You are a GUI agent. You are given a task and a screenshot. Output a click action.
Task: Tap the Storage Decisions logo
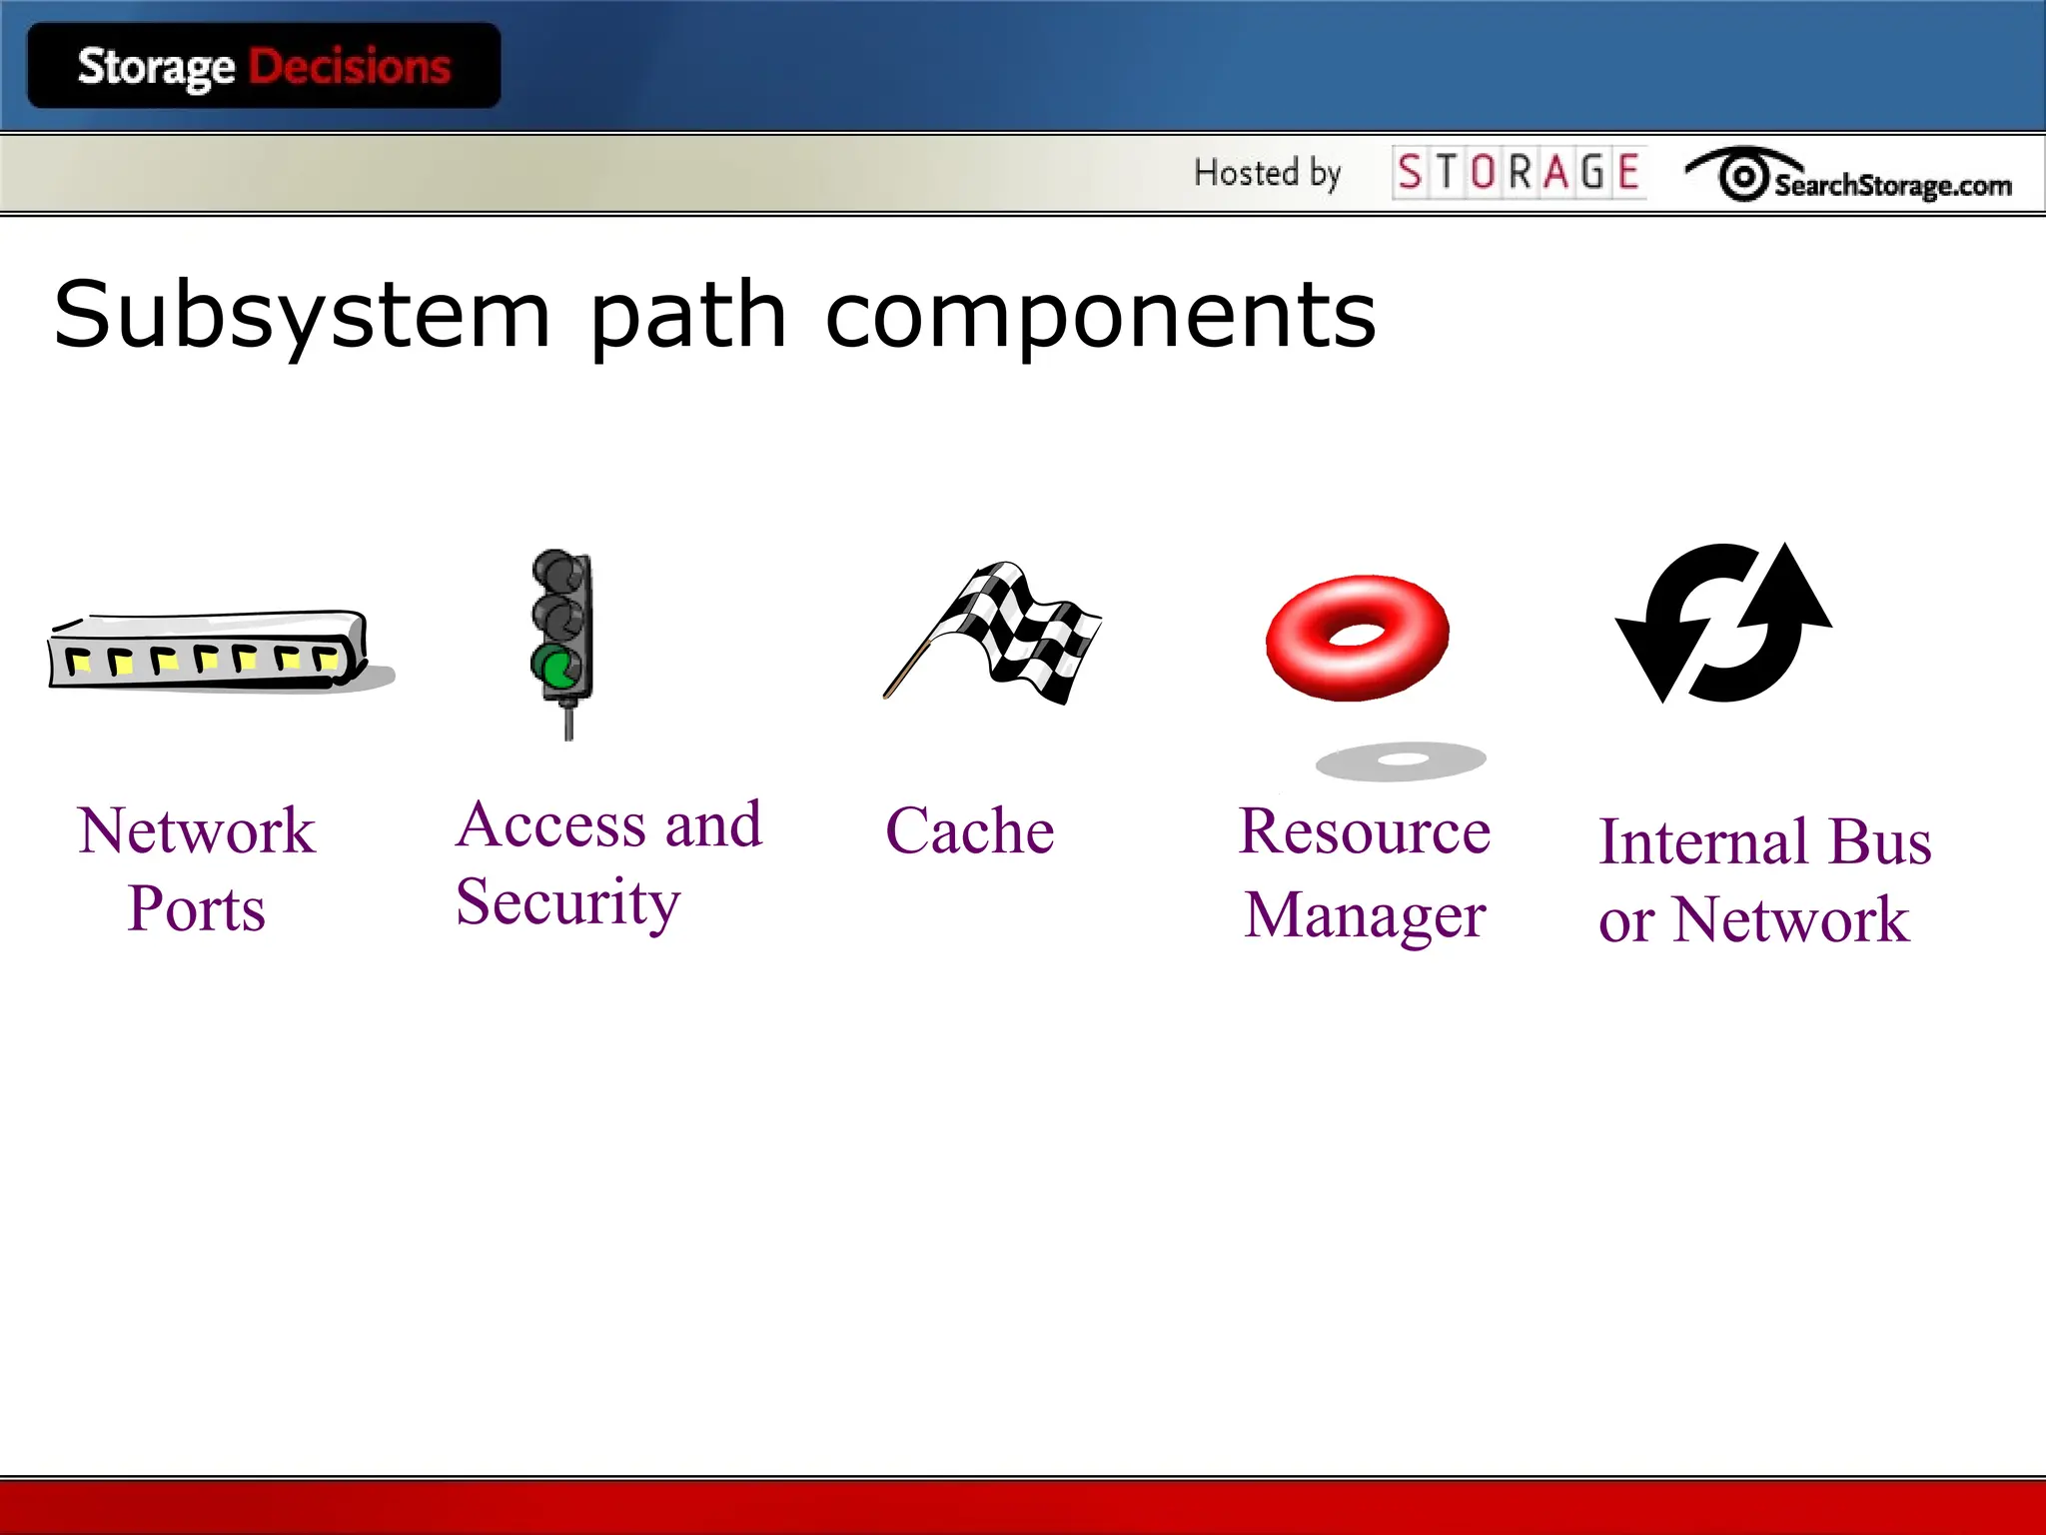(x=264, y=67)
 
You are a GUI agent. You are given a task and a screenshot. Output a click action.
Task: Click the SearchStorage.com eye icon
(x=1744, y=177)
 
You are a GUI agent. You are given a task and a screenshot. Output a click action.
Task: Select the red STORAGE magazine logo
(x=1519, y=173)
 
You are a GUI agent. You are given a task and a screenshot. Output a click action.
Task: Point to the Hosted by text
(x=1267, y=173)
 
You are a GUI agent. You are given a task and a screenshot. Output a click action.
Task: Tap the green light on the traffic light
(x=556, y=667)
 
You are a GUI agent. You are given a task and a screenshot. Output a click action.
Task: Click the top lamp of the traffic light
(x=556, y=572)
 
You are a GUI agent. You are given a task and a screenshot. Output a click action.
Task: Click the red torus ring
(x=1357, y=637)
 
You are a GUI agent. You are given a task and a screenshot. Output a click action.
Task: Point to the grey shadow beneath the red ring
(x=1401, y=762)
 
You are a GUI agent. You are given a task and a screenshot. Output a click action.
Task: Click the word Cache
(x=970, y=830)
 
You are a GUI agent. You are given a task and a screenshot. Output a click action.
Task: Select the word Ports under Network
(x=197, y=908)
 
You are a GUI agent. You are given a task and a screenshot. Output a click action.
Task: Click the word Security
(x=567, y=902)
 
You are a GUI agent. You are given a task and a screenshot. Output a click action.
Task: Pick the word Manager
(x=1365, y=915)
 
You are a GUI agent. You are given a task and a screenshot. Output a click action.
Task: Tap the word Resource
(x=1365, y=831)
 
